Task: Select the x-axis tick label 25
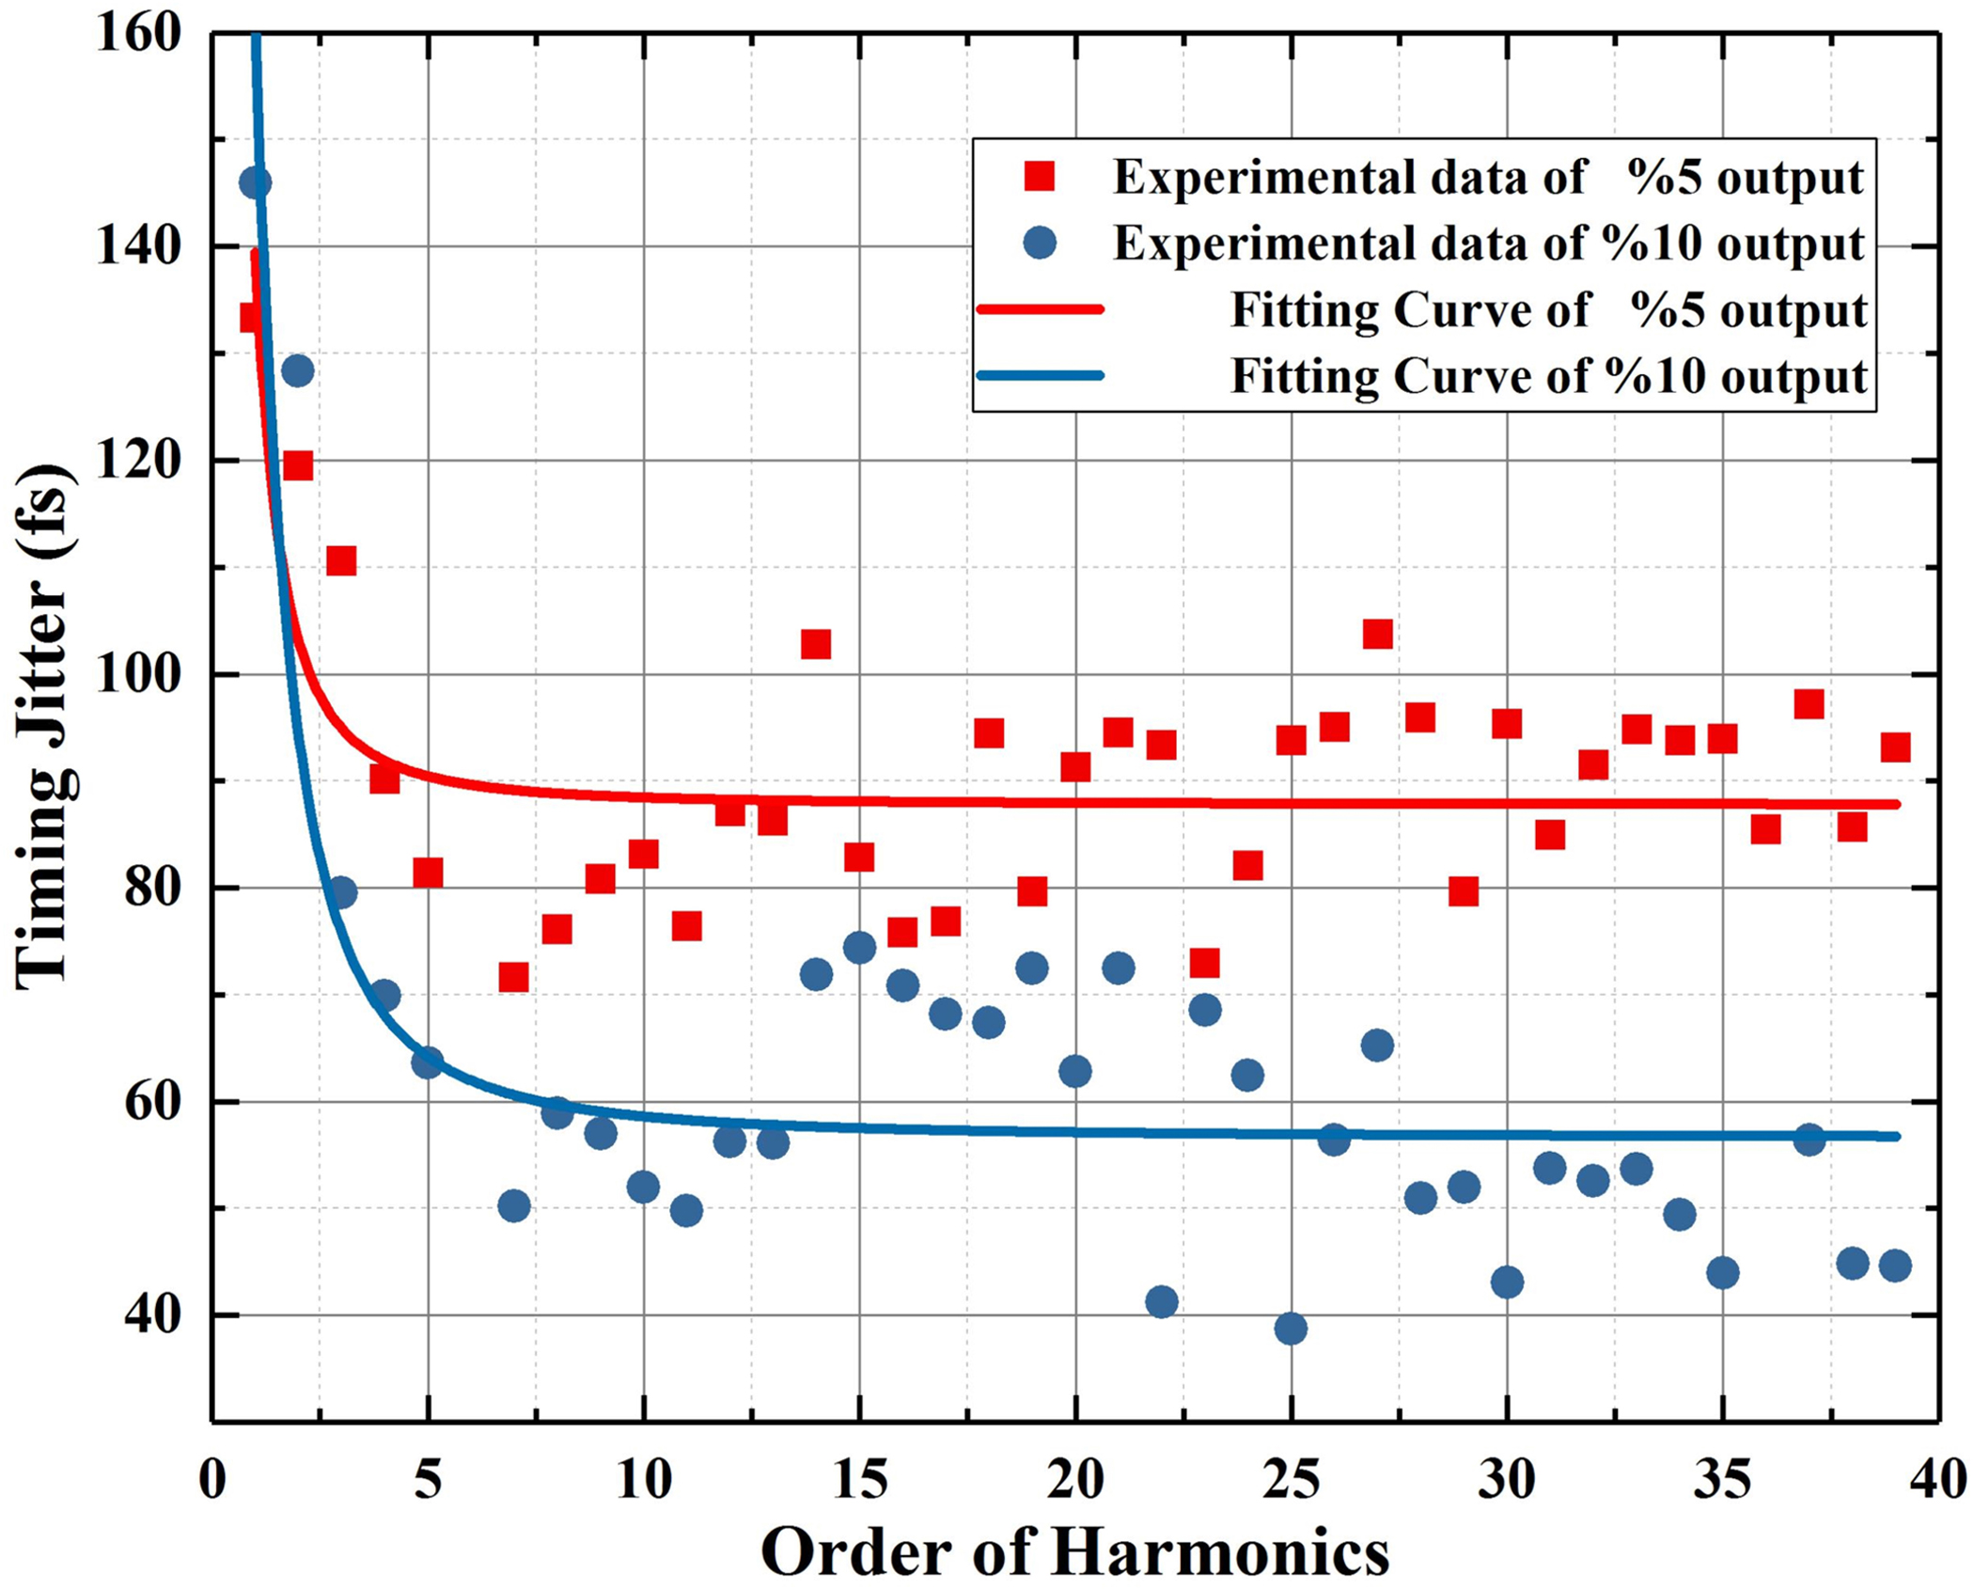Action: click(x=1291, y=1480)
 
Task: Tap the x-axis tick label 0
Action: click(x=212, y=1480)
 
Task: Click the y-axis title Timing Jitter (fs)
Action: click(x=44, y=726)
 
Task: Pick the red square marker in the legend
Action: click(x=1040, y=177)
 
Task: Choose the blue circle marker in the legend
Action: click(x=1040, y=244)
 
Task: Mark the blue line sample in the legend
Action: click(x=1040, y=375)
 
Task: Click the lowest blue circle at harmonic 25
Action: click(x=1291, y=1329)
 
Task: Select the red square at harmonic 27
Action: click(x=1377, y=635)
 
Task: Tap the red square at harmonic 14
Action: click(x=816, y=644)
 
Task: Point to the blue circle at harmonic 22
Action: click(x=1162, y=1301)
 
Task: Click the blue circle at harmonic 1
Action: click(x=255, y=182)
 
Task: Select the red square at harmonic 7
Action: click(x=513, y=978)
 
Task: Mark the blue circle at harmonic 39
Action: click(x=1895, y=1266)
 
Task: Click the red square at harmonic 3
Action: click(x=341, y=561)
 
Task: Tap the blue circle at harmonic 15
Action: click(x=859, y=948)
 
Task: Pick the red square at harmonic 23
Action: click(x=1204, y=963)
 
